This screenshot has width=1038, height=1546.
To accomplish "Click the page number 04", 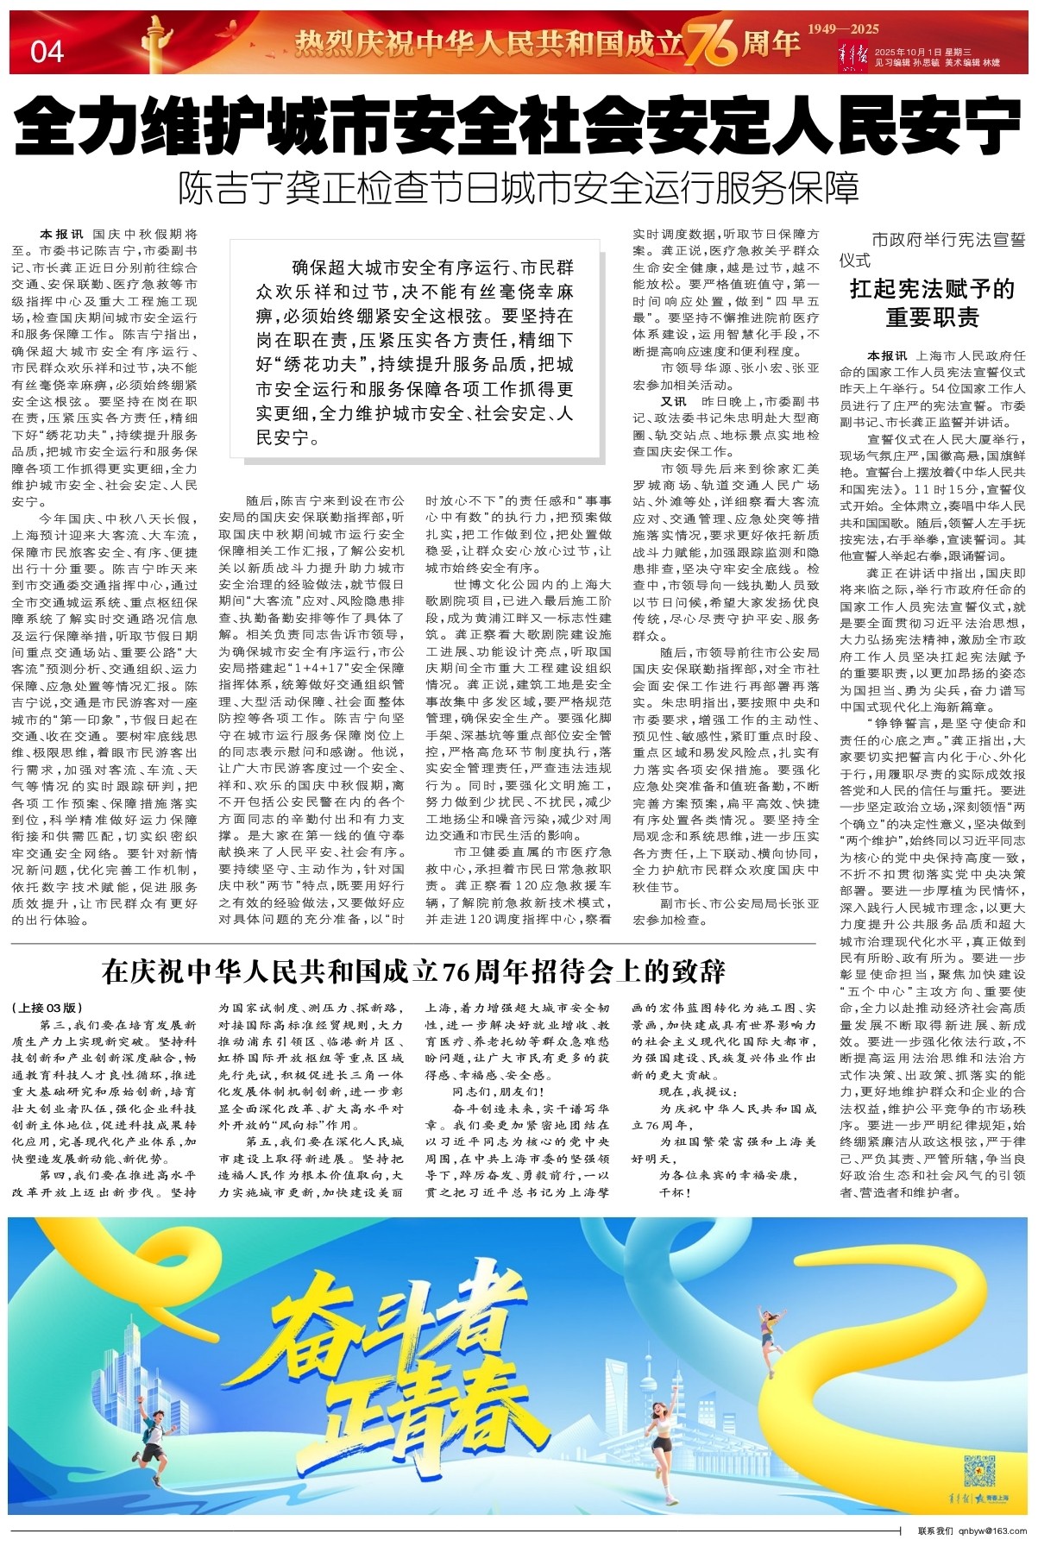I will pos(47,52).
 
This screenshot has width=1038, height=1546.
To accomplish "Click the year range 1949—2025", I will pos(843,29).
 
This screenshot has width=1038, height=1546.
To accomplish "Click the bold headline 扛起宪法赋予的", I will pos(933,288).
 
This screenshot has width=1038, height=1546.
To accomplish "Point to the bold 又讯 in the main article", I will pos(674,401).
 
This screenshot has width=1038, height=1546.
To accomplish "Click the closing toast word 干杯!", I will pos(675,1193).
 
